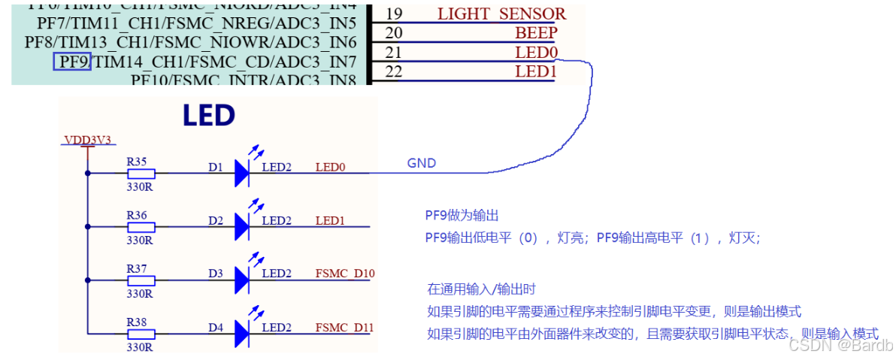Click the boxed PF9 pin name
click(72, 62)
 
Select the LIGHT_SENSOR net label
click(501, 14)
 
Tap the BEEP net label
click(536, 33)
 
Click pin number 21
click(393, 53)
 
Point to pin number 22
click(393, 72)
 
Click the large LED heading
click(209, 116)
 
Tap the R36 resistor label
click(137, 215)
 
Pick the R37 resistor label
click(137, 268)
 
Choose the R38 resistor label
click(137, 322)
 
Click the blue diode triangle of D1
click(241, 173)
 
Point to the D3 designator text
click(216, 274)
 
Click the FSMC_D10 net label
click(344, 274)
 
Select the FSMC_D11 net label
click(344, 328)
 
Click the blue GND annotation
click(421, 163)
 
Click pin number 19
click(393, 14)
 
